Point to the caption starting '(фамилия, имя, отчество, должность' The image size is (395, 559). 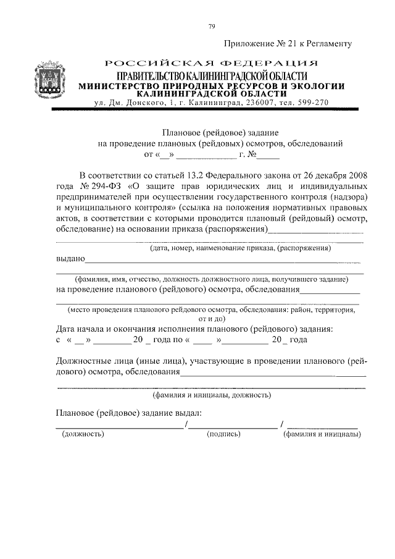[212, 279]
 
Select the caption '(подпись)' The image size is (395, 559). [222, 434]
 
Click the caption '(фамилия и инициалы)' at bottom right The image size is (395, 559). [322, 434]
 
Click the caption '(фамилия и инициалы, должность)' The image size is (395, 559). [210, 395]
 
